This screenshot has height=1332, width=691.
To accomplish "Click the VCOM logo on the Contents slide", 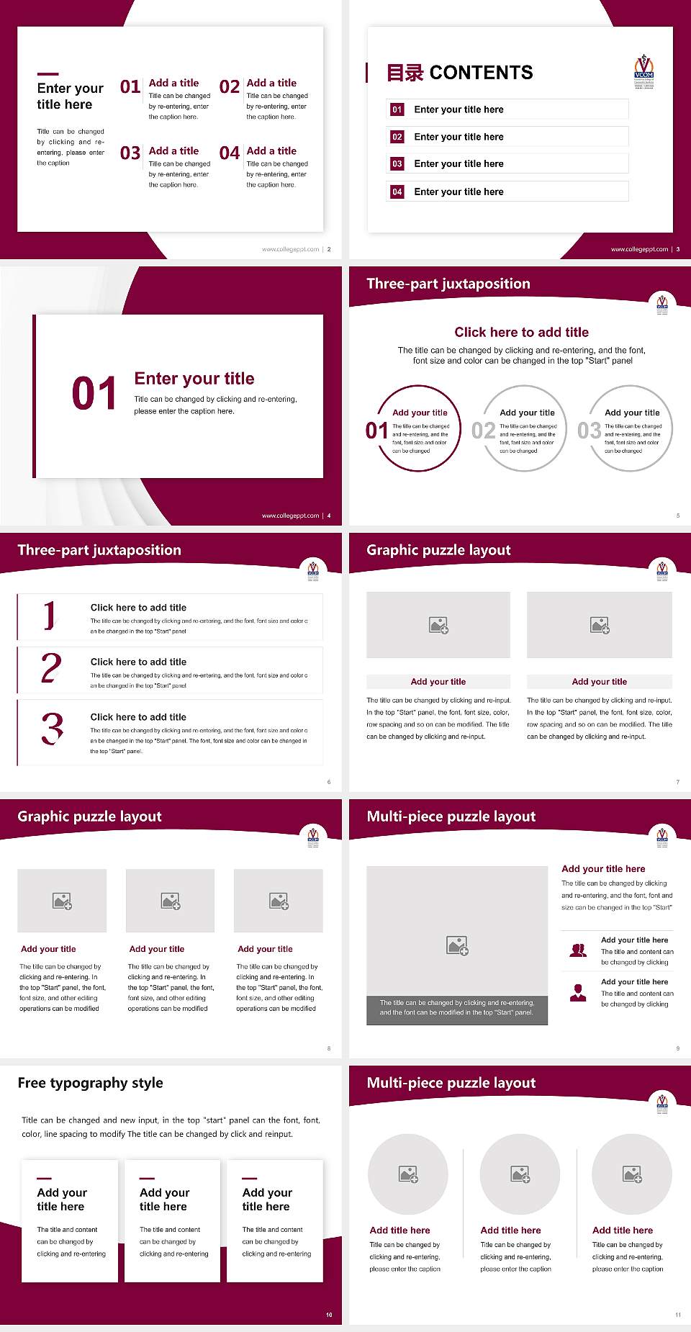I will [x=643, y=71].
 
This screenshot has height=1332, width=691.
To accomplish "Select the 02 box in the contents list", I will [x=397, y=137].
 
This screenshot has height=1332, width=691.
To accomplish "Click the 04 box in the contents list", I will [x=397, y=192].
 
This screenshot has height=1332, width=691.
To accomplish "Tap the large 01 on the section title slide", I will [x=94, y=394].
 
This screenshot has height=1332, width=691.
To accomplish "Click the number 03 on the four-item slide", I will [x=130, y=153].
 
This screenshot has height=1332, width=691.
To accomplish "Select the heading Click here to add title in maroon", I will [x=521, y=332].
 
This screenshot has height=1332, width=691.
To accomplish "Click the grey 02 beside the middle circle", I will [x=483, y=431].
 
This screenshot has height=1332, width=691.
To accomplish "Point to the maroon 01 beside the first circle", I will [x=376, y=431].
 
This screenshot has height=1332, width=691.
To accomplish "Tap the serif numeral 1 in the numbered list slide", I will [x=49, y=616].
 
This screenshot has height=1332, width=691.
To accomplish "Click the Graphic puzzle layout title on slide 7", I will [x=438, y=550].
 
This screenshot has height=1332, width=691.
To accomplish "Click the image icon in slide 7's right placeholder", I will [x=600, y=625].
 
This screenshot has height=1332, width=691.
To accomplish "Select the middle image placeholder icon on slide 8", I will [x=171, y=901].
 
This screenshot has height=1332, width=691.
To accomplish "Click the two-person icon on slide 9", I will [x=578, y=950].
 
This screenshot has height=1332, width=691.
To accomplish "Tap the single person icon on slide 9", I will [x=578, y=993].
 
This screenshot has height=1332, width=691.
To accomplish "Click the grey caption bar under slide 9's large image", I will [x=457, y=1007].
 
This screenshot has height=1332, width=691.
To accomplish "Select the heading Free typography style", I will [x=90, y=1083].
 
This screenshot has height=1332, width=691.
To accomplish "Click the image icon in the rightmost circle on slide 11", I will [x=632, y=1174].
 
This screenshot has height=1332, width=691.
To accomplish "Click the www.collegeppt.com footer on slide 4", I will [x=290, y=516].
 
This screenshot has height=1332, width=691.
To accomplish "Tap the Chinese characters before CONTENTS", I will [x=405, y=73].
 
